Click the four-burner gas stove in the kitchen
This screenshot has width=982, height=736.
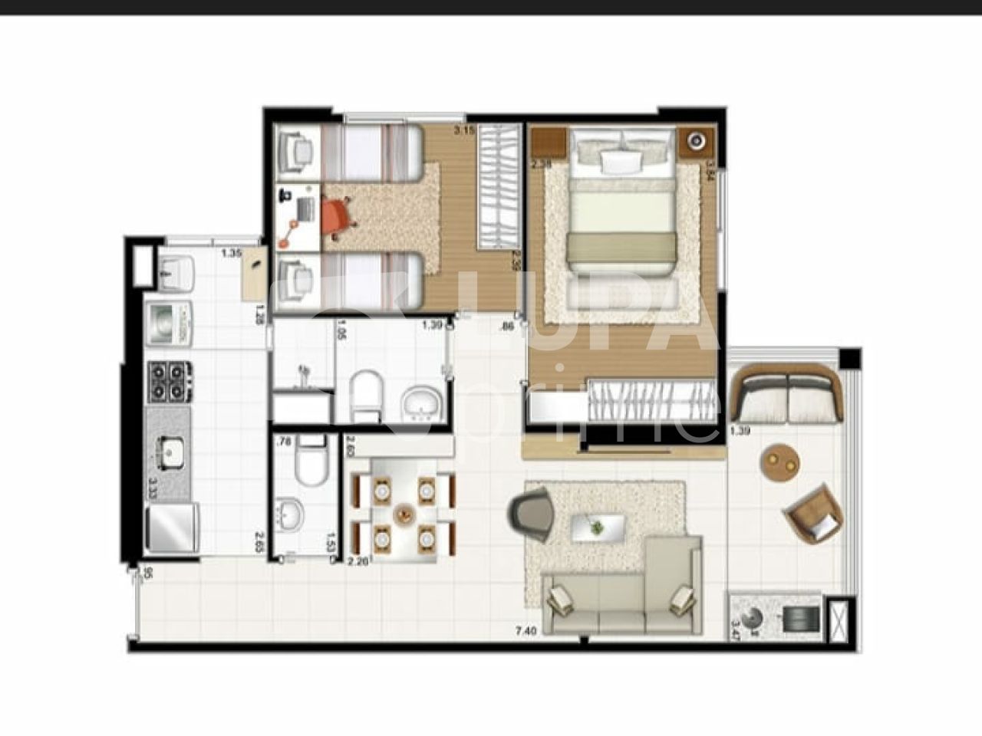pos(169,381)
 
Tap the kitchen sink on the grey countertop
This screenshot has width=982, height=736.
pos(169,451)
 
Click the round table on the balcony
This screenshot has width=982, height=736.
pos(781,462)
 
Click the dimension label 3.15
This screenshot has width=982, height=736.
pos(464,131)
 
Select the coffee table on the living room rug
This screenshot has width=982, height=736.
pos(597,527)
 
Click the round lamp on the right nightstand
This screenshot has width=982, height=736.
pos(696,141)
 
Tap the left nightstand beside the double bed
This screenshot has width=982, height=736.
pos(549,143)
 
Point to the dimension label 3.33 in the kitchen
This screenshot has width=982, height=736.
pos(152,488)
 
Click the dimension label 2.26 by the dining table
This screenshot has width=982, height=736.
pos(358,561)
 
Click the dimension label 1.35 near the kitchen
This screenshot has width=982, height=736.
pos(232,252)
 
